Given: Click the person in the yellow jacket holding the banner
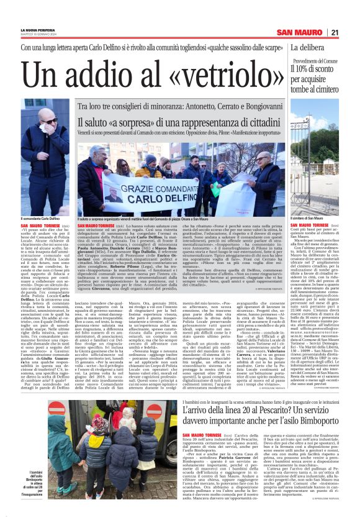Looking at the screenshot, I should tap(149, 169).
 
